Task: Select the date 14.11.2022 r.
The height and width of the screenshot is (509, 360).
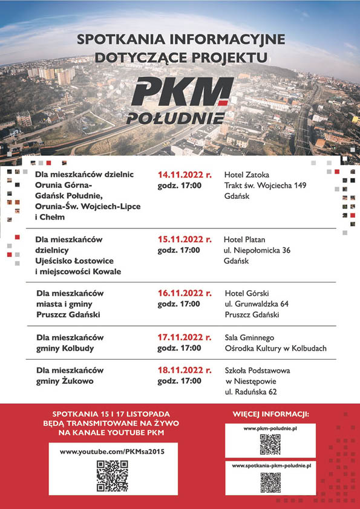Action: (x=185, y=174)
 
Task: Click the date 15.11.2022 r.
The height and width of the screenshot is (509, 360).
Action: (x=185, y=239)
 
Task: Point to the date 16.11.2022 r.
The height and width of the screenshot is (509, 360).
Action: (x=185, y=293)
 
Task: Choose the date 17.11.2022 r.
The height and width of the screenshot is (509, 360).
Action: (x=185, y=337)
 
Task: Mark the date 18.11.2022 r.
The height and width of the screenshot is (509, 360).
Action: (x=185, y=370)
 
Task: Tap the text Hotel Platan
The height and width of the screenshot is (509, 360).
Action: (x=244, y=239)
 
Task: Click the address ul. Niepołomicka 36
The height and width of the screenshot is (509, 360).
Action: (x=257, y=250)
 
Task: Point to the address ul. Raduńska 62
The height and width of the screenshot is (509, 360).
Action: (x=251, y=392)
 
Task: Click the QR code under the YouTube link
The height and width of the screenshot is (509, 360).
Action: (x=113, y=476)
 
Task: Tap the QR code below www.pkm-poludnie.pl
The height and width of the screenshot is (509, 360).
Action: (x=270, y=444)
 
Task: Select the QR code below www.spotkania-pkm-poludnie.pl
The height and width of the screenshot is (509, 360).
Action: (x=270, y=482)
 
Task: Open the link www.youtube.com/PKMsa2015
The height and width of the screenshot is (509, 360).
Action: (x=113, y=451)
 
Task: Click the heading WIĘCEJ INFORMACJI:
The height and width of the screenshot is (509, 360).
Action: (x=270, y=415)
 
